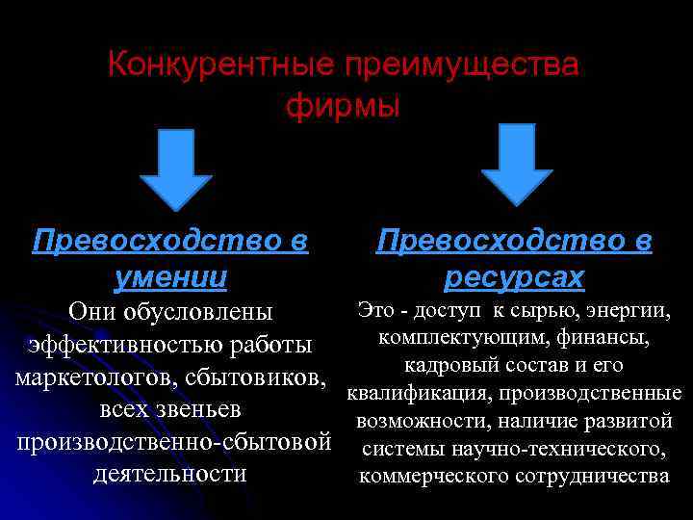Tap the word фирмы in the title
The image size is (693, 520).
[x=343, y=106]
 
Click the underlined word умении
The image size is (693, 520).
[x=170, y=278]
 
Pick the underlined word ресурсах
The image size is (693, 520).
[x=514, y=278]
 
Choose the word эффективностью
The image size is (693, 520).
[x=120, y=345]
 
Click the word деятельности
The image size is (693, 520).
[x=170, y=474]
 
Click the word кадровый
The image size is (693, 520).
[x=446, y=366]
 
